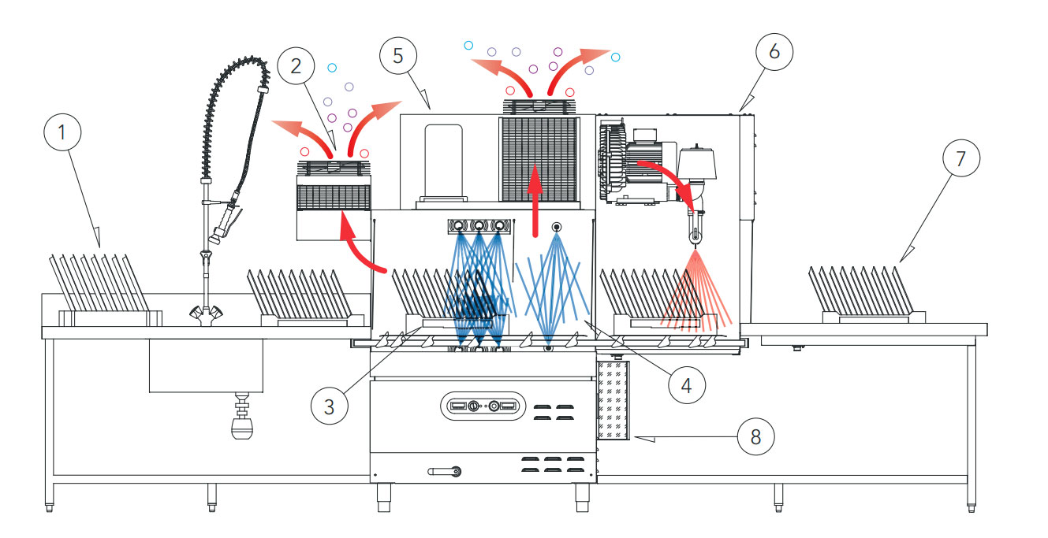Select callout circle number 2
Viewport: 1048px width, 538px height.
pos(296,66)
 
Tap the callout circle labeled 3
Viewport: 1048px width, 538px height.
pos(330,406)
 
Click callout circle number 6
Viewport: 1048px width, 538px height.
pos(774,51)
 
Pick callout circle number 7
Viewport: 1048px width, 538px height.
pos(960,158)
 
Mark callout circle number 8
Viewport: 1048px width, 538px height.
pos(755,436)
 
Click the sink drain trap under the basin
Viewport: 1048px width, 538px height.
pos(242,419)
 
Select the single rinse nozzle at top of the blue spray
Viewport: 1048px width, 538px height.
pos(558,228)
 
